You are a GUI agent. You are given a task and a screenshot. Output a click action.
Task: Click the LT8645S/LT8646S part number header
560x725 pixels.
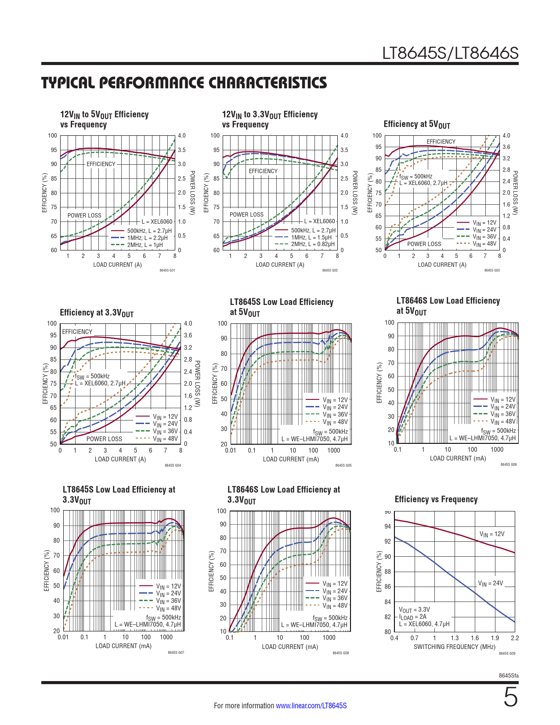[x=450, y=54]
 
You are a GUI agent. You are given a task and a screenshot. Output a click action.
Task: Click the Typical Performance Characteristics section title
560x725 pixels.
[x=184, y=83]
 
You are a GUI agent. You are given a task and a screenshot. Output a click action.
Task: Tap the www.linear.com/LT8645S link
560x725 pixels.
[x=311, y=706]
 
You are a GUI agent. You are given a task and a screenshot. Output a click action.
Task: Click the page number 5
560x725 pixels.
[x=510, y=698]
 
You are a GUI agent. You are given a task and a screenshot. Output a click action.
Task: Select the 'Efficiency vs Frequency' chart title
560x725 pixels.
[x=436, y=499]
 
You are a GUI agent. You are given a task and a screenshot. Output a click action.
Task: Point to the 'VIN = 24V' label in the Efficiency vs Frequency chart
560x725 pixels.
[x=490, y=584]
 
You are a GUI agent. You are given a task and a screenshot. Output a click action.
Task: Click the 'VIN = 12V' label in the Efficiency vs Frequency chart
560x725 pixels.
[x=492, y=534]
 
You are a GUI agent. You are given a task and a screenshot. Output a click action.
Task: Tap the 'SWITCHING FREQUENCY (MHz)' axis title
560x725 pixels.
[x=454, y=647]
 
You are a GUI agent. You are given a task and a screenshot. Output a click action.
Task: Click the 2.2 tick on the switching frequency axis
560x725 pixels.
[x=515, y=638]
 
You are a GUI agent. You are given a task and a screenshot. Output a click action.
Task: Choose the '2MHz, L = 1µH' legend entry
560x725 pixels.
[x=145, y=245]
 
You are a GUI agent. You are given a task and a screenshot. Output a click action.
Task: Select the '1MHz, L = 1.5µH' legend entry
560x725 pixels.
[x=311, y=237]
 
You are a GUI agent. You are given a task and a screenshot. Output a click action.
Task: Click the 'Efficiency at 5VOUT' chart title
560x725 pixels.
[x=416, y=124]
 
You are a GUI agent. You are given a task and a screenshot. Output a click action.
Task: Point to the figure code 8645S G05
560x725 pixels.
[x=343, y=465]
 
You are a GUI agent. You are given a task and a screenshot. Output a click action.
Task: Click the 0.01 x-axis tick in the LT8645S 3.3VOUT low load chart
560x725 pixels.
[x=63, y=637]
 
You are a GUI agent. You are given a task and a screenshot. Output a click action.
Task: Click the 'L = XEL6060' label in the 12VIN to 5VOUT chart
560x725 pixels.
[x=157, y=222]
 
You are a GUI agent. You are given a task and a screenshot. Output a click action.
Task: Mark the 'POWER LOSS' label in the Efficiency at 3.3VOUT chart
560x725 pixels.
[x=104, y=439]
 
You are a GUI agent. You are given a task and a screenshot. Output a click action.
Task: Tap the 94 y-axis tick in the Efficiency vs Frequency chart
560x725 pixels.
[x=387, y=526]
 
